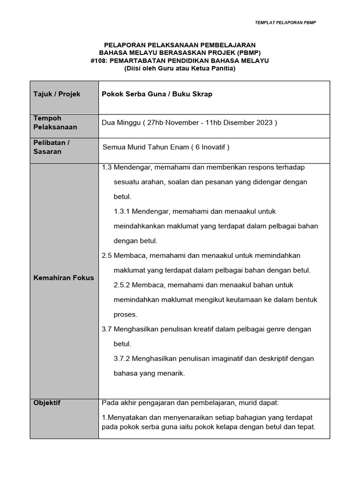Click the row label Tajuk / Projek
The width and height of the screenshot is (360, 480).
pyautogui.click(x=57, y=94)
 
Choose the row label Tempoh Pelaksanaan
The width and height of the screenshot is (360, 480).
pyautogui.click(x=55, y=122)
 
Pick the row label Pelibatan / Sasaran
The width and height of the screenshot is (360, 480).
pyautogui.click(x=52, y=147)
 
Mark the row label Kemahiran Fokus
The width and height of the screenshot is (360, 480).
pyautogui.click(x=63, y=277)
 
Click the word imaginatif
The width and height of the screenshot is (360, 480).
pyautogui.click(x=218, y=359)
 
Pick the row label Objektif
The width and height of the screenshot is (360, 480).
pyautogui.click(x=47, y=403)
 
